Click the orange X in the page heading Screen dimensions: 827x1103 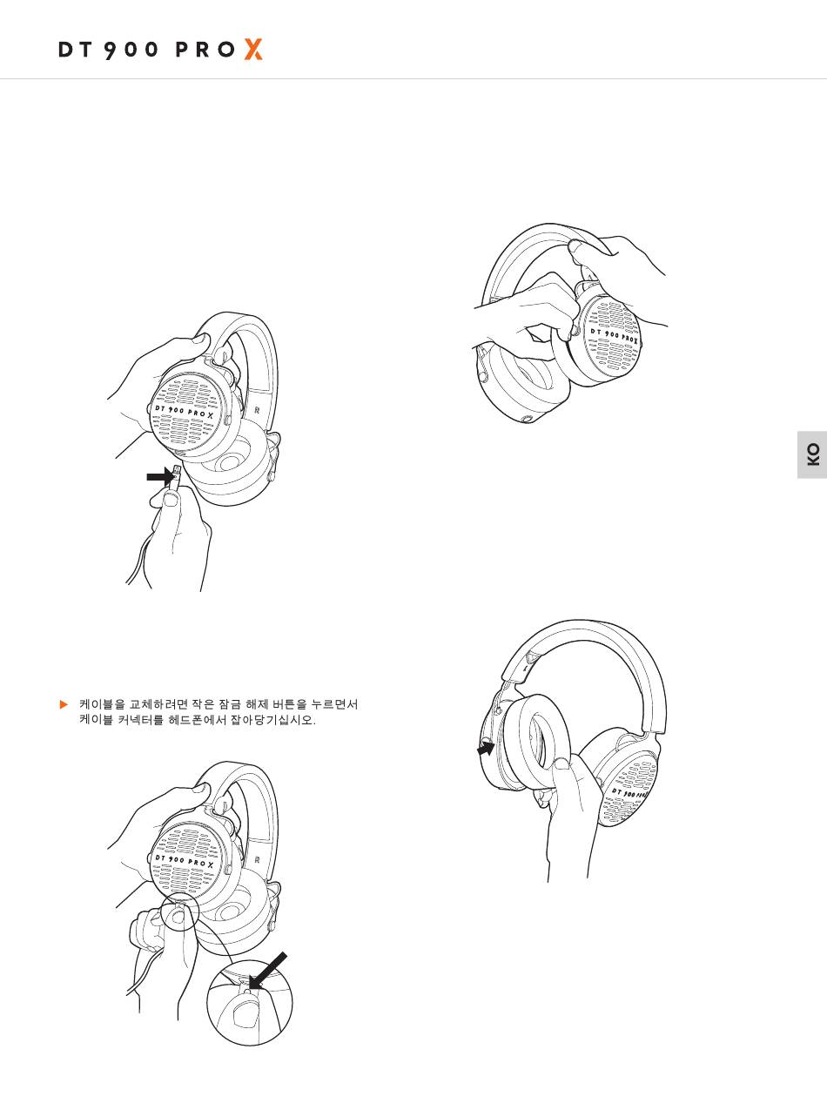point(253,50)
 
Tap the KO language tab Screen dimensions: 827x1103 point(812,454)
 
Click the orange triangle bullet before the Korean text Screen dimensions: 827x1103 point(64,704)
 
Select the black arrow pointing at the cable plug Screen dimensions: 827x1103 point(160,476)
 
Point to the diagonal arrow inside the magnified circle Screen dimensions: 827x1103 point(268,971)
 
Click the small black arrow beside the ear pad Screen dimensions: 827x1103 point(486,749)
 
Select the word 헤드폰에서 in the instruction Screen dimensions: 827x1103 point(198,720)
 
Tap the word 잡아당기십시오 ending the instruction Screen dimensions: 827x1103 point(272,720)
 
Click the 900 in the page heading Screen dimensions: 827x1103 point(131,50)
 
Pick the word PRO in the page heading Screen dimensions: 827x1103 point(205,50)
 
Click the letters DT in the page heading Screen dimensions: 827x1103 point(75,50)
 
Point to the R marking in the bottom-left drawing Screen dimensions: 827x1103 point(258,860)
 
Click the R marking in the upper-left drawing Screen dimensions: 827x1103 point(258,410)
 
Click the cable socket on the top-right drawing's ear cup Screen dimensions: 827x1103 point(528,419)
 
